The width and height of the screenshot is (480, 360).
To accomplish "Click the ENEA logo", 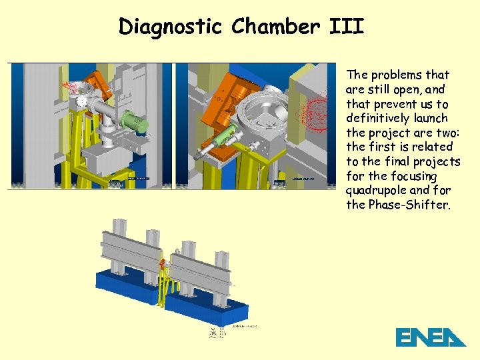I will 430,337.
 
